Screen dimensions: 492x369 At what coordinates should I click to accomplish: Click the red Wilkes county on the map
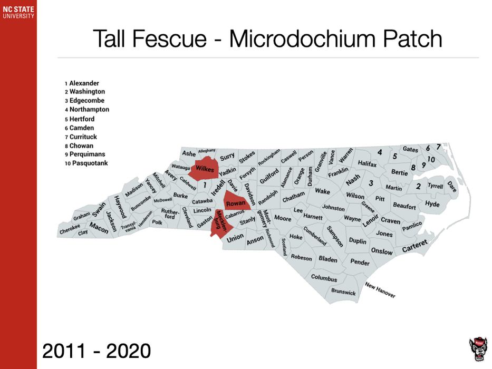[x=204, y=169]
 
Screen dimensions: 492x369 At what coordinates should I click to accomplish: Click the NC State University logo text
[x=18, y=12]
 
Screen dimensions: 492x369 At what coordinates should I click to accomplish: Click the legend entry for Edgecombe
[x=85, y=101]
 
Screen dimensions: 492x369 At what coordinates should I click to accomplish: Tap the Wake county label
[x=322, y=191]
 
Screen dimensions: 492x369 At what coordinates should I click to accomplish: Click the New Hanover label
[x=380, y=290]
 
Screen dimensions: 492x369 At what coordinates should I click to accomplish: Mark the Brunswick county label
[x=343, y=292]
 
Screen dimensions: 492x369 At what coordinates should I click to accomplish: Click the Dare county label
[x=452, y=186]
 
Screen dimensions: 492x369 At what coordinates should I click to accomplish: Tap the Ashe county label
[x=189, y=153]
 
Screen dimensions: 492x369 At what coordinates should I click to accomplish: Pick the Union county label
[x=235, y=237]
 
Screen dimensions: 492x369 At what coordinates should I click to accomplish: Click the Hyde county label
[x=432, y=205]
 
